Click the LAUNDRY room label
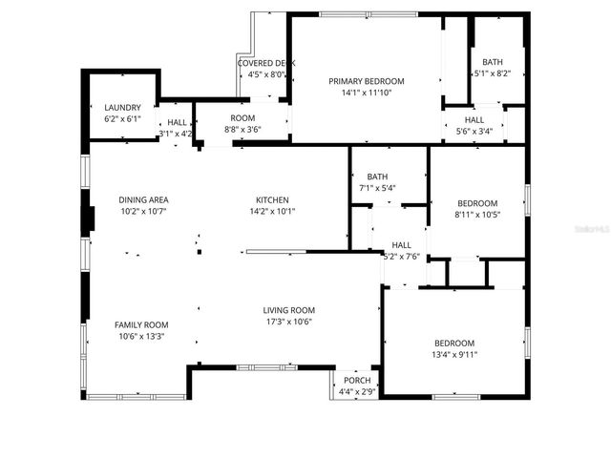pyautogui.click(x=122, y=108)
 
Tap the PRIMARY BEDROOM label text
pyautogui.click(x=367, y=81)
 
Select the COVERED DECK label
pyautogui.click(x=266, y=63)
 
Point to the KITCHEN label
pyautogui.click(x=271, y=199)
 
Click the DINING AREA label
pyautogui.click(x=143, y=199)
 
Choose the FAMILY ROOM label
pyautogui.click(x=141, y=324)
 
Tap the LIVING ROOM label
pyautogui.click(x=289, y=310)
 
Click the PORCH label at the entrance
pyautogui.click(x=357, y=380)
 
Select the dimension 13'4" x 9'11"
pyautogui.click(x=455, y=355)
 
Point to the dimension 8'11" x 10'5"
pyautogui.click(x=476, y=215)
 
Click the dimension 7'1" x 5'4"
pyautogui.click(x=377, y=188)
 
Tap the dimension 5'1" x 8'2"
pyautogui.click(x=493, y=73)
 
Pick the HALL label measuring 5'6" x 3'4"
pyautogui.click(x=474, y=120)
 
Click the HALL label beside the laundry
pyautogui.click(x=177, y=122)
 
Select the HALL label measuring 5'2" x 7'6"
pyautogui.click(x=401, y=245)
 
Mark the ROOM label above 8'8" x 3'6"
pyautogui.click(x=242, y=118)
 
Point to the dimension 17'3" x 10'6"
pyautogui.click(x=289, y=322)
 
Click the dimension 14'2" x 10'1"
pyautogui.click(x=271, y=211)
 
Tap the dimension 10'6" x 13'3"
pyautogui.click(x=141, y=336)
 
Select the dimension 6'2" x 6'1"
pyautogui.click(x=122, y=119)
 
